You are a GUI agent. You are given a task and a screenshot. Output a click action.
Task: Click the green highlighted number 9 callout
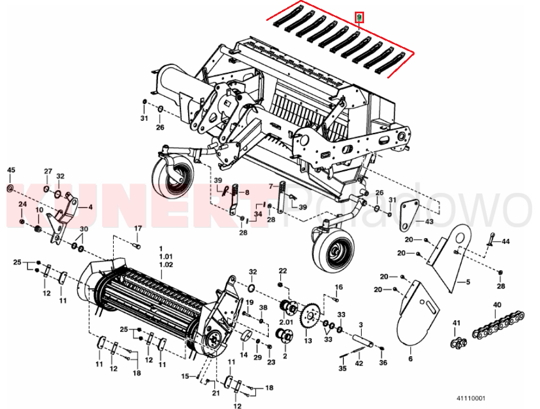(359, 17)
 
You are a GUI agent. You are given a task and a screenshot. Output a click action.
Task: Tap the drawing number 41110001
(471, 399)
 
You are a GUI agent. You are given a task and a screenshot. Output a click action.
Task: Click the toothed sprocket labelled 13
(311, 315)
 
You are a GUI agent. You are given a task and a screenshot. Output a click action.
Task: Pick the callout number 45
(12, 170)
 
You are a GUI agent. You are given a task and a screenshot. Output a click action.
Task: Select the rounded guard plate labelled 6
(417, 314)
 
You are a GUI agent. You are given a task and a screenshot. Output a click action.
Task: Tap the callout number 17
(138, 228)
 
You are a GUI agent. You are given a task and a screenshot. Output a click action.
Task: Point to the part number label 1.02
(165, 264)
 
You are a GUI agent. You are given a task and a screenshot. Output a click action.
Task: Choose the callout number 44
(505, 242)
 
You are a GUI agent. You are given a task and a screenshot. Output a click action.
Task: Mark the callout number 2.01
(286, 322)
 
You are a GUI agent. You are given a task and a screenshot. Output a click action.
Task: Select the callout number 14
(243, 355)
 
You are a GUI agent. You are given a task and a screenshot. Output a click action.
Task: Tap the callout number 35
(343, 369)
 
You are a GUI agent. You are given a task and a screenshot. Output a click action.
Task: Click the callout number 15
(185, 376)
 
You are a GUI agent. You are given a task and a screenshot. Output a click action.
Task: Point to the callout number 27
(48, 171)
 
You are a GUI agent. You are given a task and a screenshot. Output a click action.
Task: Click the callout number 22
(282, 271)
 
